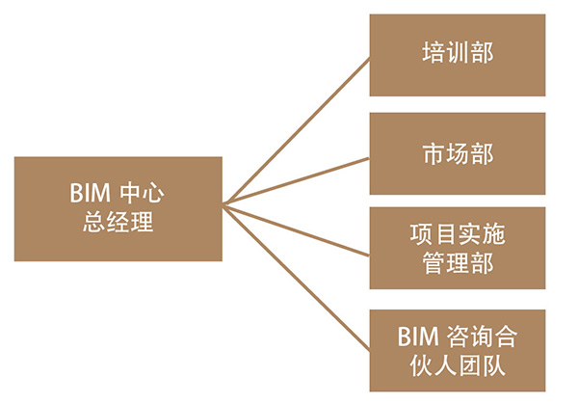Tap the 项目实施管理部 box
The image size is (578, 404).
pos(457,248)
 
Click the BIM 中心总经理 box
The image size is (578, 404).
pos(118,208)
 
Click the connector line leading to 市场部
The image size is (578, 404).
pos(299,178)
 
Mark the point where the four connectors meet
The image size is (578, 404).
pos(223,203)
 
